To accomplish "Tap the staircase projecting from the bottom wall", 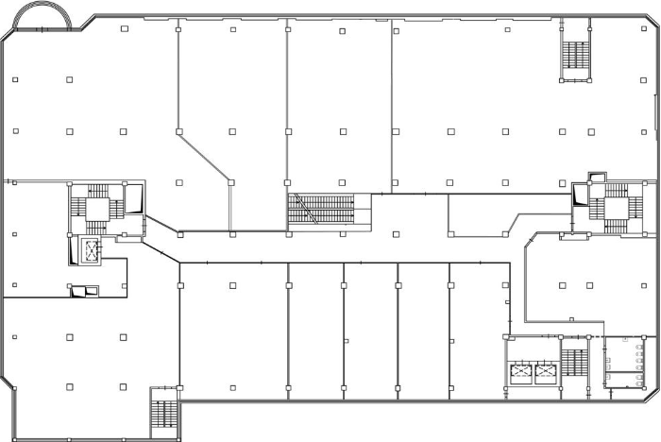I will point(163,417).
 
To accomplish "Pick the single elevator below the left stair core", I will point(93,250).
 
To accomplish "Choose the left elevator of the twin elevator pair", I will point(520,372).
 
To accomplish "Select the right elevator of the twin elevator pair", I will point(546,372).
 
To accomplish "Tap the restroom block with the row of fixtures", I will point(624,362).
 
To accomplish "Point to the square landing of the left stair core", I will point(98,209).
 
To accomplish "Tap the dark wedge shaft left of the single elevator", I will point(74,251).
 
